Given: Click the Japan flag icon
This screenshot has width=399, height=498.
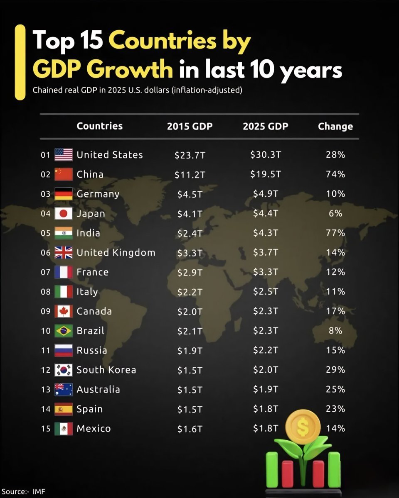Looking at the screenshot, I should coord(64,214).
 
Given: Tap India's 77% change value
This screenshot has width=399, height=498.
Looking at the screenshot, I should coord(335,233).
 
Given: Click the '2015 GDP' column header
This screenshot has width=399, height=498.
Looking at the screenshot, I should coord(190,126).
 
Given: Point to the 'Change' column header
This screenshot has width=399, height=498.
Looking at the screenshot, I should coord(335,126).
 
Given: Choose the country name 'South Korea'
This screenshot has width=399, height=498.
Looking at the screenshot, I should coord(106,370).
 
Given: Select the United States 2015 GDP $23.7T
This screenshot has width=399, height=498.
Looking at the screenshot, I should coord(190,155).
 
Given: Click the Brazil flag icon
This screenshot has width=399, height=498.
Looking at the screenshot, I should coord(64,331).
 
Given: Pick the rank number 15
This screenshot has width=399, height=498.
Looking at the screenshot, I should coord(46,429).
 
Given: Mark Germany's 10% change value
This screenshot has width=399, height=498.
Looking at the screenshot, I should coord(335,194).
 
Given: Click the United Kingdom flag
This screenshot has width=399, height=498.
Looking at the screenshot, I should coord(64,253).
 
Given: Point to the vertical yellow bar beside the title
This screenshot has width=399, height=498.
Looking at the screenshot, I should coord(20,62).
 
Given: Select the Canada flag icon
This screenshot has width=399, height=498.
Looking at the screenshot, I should coord(64,311).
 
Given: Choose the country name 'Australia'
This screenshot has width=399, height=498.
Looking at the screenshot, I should coord(99,389).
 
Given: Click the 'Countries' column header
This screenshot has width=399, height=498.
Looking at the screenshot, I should coord(100,126).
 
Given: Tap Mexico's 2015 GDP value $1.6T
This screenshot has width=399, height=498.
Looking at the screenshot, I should coord(190,429).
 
